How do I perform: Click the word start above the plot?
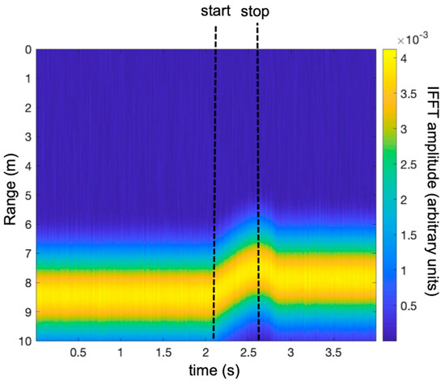tap(215, 12)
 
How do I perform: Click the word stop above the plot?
tap(257, 12)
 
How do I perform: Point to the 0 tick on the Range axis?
tap(26, 50)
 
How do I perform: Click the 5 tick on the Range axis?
tap(26, 196)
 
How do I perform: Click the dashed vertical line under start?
tap(214, 194)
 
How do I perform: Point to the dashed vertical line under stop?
tap(257, 194)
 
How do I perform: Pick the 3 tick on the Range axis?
tap(26, 137)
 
